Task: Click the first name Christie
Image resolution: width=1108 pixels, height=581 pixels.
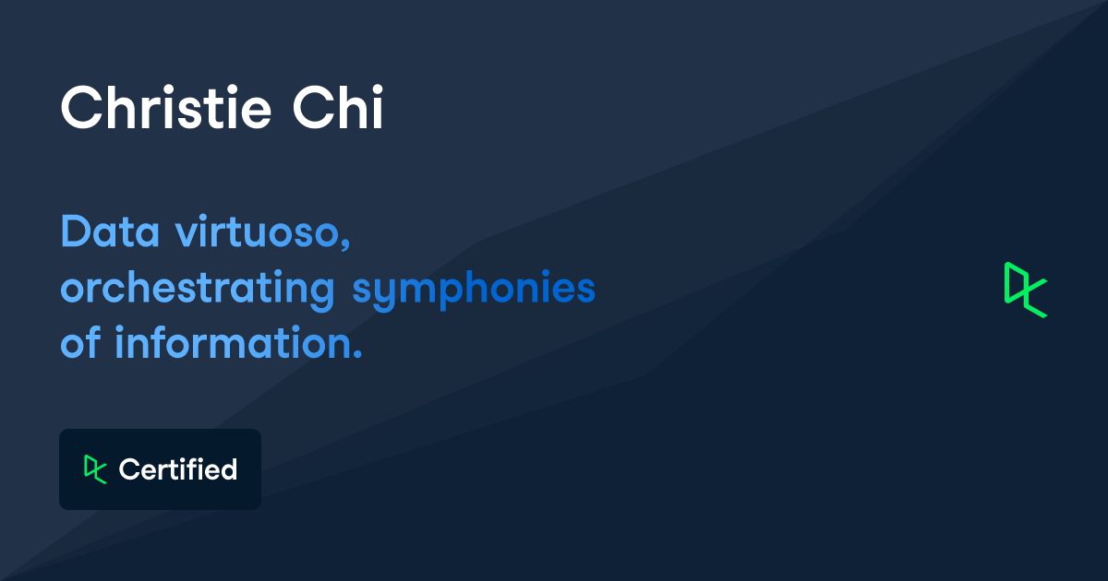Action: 165,109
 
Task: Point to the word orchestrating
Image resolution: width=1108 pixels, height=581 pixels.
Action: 197,289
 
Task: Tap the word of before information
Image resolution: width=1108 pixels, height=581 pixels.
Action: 80,344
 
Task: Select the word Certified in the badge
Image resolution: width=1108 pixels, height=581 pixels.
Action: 178,469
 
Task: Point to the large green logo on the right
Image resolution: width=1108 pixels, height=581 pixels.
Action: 1026,290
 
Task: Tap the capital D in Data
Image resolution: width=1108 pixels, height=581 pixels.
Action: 74,231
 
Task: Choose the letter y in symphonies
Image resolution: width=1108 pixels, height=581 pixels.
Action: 390,293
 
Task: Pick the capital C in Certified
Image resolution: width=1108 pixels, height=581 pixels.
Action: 128,469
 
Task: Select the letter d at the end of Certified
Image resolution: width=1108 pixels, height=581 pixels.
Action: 229,469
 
